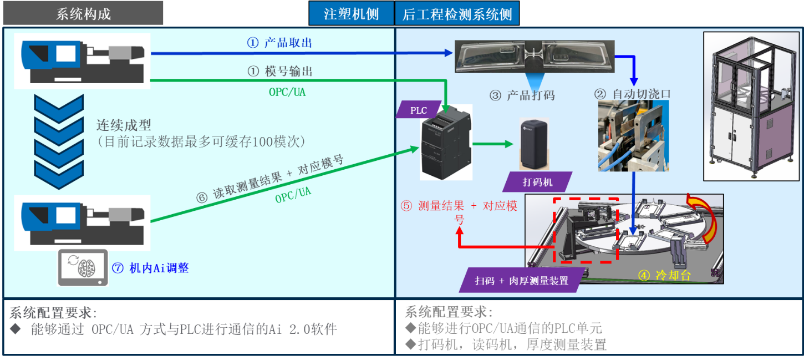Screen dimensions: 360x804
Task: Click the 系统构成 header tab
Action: [83, 13]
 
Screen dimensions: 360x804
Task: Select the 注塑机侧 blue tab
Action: [351, 13]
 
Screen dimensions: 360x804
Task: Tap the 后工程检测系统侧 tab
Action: [457, 13]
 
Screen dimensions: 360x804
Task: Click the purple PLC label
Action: [419, 110]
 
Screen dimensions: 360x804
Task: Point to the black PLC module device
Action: [446, 143]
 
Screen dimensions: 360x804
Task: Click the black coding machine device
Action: [534, 144]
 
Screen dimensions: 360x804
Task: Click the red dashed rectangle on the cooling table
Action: [586, 230]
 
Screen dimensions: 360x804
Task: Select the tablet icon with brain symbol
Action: [83, 268]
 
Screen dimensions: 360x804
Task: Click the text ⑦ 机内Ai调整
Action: [150, 268]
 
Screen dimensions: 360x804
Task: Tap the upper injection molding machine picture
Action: [82, 60]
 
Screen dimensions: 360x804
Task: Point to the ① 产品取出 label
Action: [279, 43]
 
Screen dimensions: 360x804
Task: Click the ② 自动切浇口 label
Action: [633, 94]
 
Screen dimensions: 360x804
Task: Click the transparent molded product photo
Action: [533, 56]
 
